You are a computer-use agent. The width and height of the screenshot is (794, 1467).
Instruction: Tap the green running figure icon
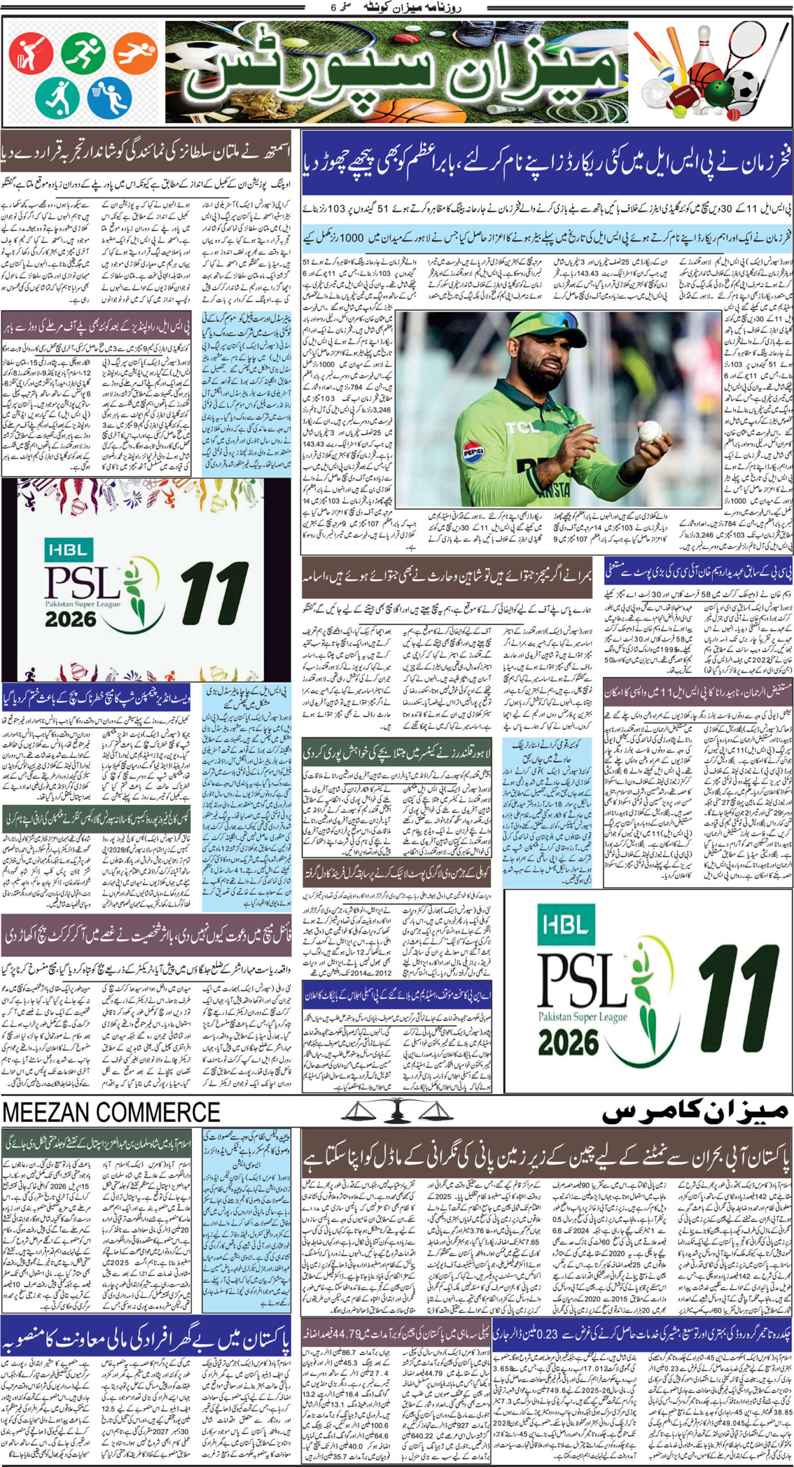coord(84,53)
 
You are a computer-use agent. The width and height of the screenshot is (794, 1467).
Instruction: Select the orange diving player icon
coord(135,50)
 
